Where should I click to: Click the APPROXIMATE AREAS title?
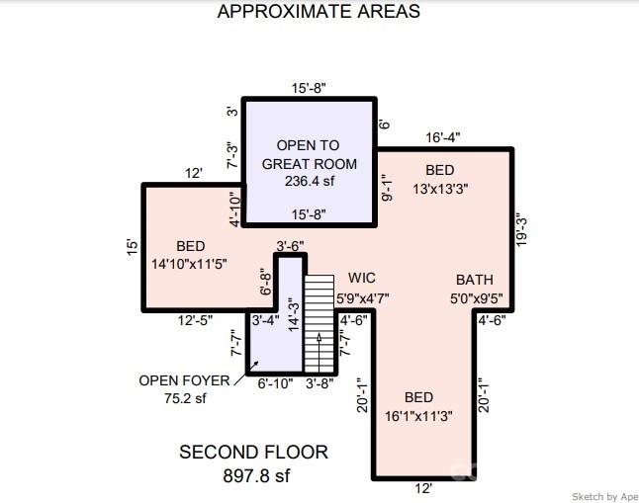point(319,11)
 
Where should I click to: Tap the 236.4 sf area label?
point(310,181)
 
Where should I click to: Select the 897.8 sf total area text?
point(257,475)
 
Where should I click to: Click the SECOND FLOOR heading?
point(253,452)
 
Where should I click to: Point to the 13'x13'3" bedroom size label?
point(440,189)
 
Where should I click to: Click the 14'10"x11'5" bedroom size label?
point(189,264)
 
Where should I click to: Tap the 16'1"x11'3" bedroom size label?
point(418,416)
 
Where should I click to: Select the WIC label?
point(362,278)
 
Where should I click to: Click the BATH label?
point(475,280)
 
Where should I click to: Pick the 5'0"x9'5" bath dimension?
point(477,299)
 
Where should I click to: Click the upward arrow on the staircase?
point(319,353)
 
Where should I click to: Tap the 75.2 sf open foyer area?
point(185,398)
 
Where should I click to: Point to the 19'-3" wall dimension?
point(521,230)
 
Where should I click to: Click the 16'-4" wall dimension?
point(443,137)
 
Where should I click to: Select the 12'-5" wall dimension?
point(195,321)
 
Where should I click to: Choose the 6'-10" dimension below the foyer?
point(276,383)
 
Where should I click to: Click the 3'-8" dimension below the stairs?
point(319,383)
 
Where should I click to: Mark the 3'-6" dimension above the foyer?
point(290,246)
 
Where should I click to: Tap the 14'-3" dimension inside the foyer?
point(294,316)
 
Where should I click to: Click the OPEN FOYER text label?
point(184,380)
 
